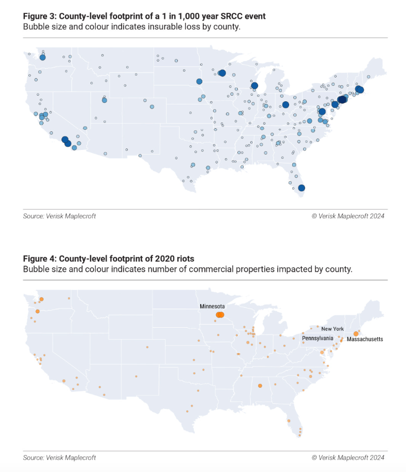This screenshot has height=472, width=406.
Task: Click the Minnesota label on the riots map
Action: click(x=212, y=307)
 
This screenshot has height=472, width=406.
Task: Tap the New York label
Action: click(x=332, y=329)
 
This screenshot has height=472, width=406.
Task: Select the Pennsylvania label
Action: click(x=318, y=338)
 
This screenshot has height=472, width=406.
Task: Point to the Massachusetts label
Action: click(x=365, y=339)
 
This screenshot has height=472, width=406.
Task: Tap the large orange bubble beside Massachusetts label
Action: click(x=356, y=333)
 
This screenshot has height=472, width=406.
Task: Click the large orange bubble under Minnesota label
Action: click(x=220, y=315)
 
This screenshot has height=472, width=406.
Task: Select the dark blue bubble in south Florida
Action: click(x=302, y=188)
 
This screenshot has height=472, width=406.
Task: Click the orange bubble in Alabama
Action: click(x=260, y=386)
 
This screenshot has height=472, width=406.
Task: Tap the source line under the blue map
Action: click(x=59, y=216)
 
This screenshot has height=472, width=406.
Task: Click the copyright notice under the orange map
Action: click(x=348, y=458)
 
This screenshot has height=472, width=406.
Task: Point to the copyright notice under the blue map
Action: click(x=348, y=216)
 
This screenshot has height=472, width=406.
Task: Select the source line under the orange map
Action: click(x=59, y=458)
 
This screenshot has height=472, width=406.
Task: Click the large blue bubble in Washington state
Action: click(x=42, y=58)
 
